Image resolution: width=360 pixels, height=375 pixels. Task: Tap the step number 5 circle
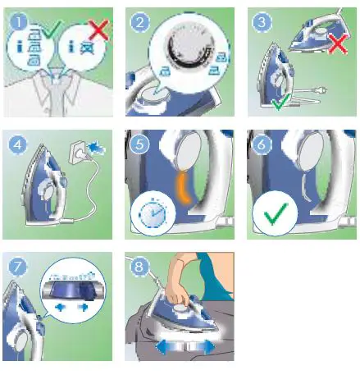139,146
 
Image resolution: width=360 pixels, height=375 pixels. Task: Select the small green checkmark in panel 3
280,103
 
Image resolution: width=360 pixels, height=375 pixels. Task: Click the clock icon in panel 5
150,218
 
